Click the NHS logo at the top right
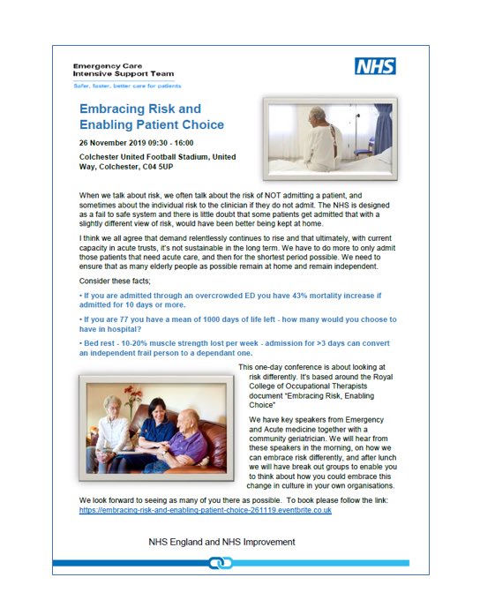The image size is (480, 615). [x=375, y=66]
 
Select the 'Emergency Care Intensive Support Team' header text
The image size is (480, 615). [x=124, y=70]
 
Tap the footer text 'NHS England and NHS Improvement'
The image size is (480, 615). [x=222, y=542]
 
